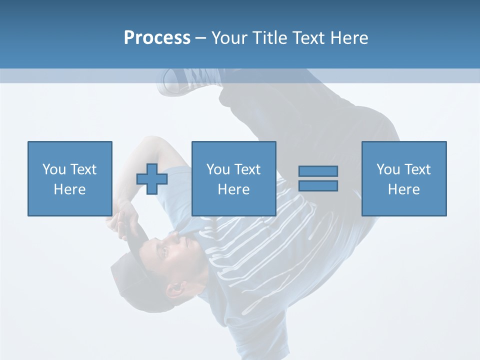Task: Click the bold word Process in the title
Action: coord(157,38)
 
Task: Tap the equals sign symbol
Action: coord(318,178)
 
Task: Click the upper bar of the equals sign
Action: coord(318,171)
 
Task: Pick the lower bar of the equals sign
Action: coord(318,186)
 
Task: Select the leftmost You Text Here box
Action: coord(70,178)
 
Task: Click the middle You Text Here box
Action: coord(234,178)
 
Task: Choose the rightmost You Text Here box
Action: coord(404,178)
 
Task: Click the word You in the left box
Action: coord(54,169)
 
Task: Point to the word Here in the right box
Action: coord(404,189)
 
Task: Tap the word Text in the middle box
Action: coord(248,169)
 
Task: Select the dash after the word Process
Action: coord(201,38)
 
